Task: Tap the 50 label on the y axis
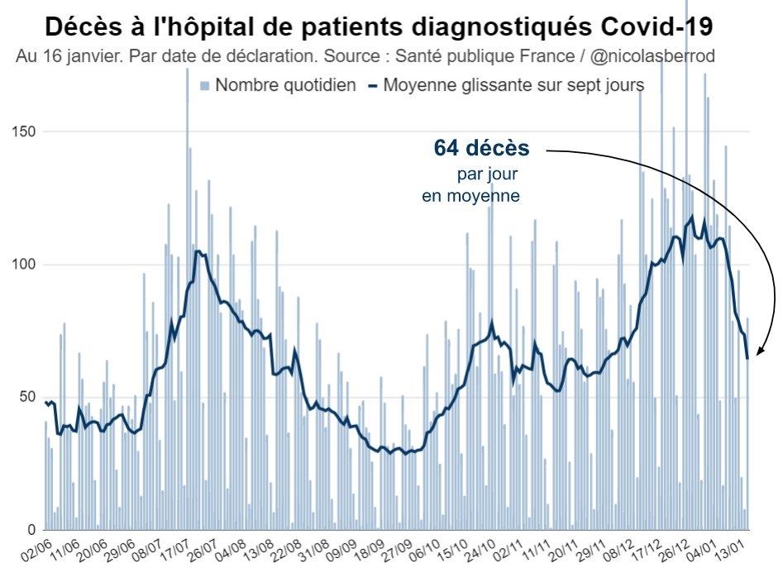click(26, 397)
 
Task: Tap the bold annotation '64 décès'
click(481, 149)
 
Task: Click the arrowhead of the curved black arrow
click(760, 354)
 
